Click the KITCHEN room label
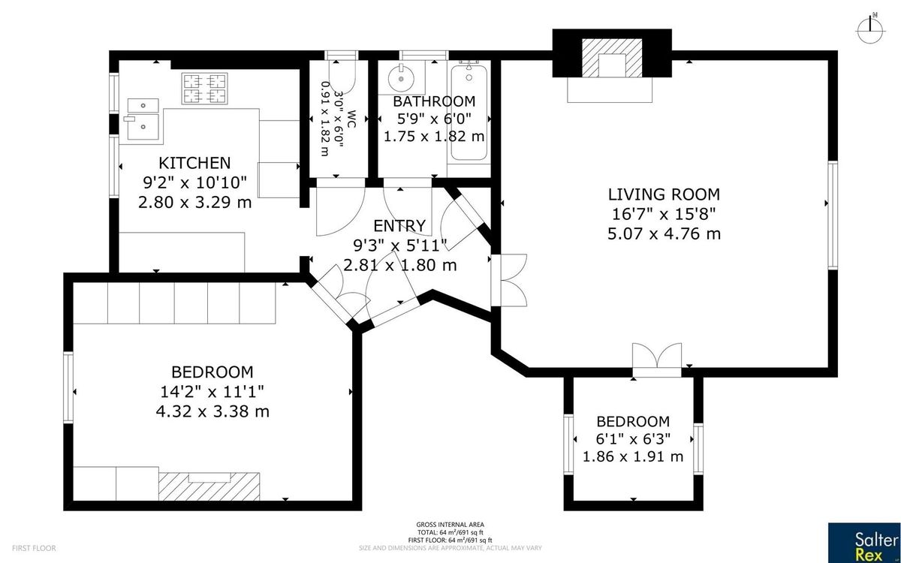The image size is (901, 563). pos(194,163)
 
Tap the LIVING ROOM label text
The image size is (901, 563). pos(664,194)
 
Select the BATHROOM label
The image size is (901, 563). pos(434,101)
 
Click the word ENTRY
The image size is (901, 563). pos(399,226)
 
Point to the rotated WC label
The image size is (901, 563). pos(351,119)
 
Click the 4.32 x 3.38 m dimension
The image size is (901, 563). pos(212,412)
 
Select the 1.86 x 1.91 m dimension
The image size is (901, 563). pos(633,457)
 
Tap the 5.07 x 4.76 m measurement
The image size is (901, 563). pos(664,233)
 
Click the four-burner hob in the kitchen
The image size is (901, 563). pos(204,89)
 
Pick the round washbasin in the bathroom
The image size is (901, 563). pos(402,79)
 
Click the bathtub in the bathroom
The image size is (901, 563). pos(469,113)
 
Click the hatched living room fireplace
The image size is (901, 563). pos(612,58)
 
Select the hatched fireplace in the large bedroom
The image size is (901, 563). pos(209,486)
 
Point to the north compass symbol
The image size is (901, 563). pos(870,30)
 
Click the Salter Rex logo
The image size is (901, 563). pos(864,543)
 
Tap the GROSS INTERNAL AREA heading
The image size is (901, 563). pos(450,525)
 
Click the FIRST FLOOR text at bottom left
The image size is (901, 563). pos(34,548)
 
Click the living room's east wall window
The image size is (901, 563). pos(833,215)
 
